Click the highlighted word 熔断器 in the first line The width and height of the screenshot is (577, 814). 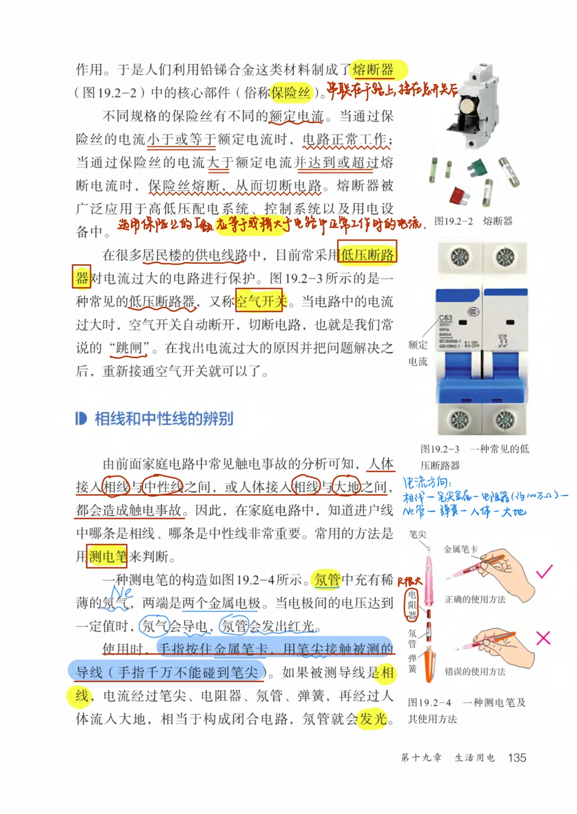(373, 69)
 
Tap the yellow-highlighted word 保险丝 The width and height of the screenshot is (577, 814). (291, 93)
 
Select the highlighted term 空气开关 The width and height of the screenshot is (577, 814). (262, 302)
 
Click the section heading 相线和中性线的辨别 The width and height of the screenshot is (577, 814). (164, 418)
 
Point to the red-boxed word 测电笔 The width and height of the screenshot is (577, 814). (107, 557)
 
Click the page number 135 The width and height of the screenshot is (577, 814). (517, 757)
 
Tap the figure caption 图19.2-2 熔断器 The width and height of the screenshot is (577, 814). (473, 221)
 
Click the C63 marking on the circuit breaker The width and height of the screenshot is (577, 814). (446, 318)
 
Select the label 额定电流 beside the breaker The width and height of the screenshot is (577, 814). (418, 353)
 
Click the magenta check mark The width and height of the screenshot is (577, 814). (544, 572)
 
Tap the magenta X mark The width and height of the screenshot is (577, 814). (543, 638)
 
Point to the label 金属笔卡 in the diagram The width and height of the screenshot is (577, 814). (461, 549)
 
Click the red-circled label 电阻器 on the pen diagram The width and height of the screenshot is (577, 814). (412, 605)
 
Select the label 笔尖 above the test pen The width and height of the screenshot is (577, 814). (418, 534)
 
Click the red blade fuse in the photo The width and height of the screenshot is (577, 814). (459, 195)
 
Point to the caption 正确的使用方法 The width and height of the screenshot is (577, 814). (475, 599)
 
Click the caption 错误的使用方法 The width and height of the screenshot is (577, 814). (475, 671)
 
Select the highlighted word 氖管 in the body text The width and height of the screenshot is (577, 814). (327, 580)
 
